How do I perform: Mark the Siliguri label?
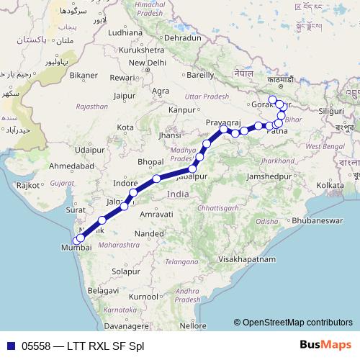click(x=330, y=112)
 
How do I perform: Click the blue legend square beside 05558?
click(x=10, y=346)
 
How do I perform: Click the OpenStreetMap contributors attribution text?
click(x=297, y=323)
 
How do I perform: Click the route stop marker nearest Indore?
click(x=134, y=192)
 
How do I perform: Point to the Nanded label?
click(x=149, y=234)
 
